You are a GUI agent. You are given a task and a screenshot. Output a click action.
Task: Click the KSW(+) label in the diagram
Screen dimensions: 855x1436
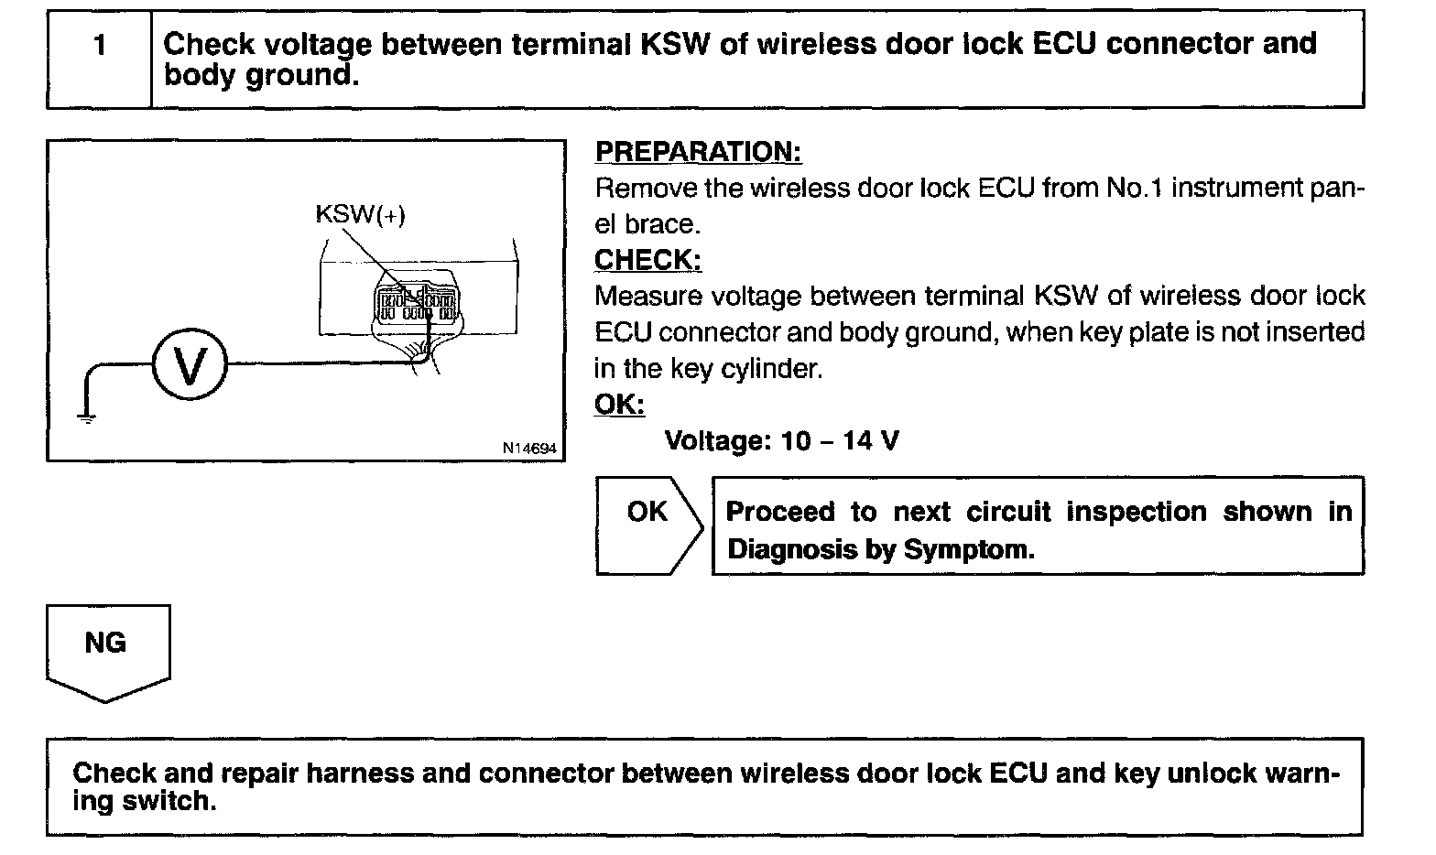tap(360, 214)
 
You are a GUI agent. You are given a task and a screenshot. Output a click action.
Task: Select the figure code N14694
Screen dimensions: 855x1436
tap(528, 449)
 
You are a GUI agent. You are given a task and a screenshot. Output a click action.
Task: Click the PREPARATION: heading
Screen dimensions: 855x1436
tap(698, 152)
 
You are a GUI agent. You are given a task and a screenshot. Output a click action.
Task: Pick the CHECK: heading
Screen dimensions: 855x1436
tap(647, 260)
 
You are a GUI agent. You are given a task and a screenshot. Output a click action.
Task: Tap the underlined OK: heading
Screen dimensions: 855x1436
tap(619, 405)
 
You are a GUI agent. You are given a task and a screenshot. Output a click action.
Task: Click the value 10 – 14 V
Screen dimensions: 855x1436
tap(840, 441)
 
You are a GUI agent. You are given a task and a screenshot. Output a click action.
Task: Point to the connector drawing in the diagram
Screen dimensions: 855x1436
tap(416, 302)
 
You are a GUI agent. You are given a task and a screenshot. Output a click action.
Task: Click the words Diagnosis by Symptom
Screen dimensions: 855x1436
tap(880, 549)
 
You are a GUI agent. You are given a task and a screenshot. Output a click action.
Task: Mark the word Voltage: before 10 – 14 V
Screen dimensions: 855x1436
tap(718, 441)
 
